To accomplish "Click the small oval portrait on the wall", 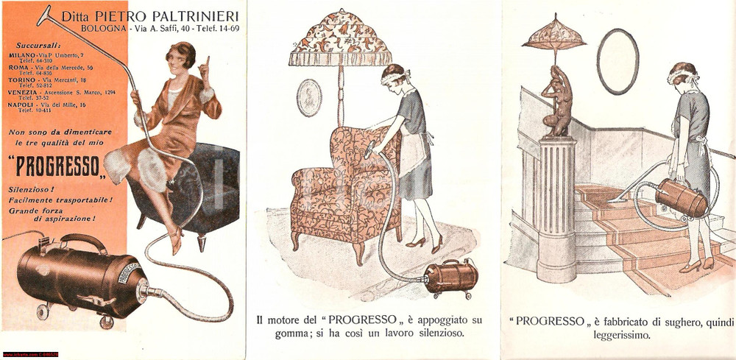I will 309,97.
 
